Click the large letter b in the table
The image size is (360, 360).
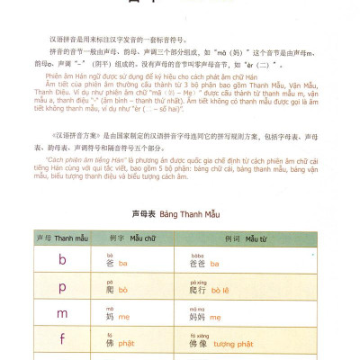(62, 261)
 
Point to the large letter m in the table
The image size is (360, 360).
(62, 316)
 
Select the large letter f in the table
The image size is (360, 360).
(62, 343)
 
